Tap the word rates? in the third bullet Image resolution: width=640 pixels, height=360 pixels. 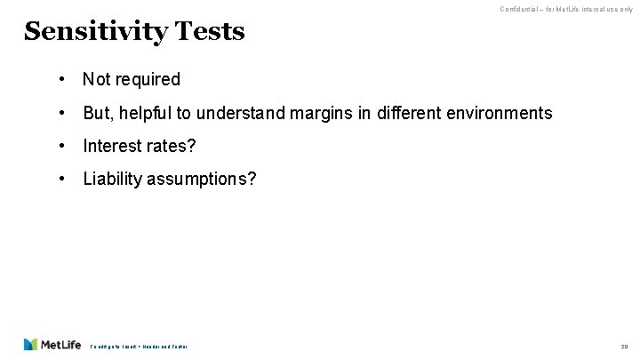[x=174, y=146]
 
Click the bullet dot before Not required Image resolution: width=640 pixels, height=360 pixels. [x=62, y=79]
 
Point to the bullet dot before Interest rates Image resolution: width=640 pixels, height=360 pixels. [x=62, y=146]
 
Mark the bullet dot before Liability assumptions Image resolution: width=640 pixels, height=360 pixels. [x=62, y=180]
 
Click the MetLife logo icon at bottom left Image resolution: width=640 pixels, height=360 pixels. [x=31, y=345]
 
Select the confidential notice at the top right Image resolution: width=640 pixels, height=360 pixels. [x=566, y=9]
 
